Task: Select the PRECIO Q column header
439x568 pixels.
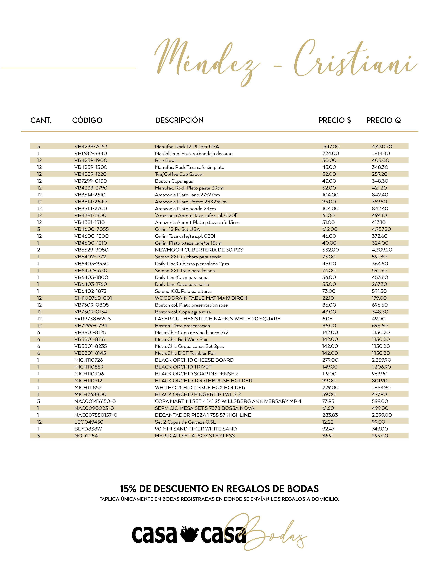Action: [383, 120]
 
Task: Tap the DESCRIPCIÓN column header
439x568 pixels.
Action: [179, 120]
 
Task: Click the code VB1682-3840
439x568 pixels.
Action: [91, 153]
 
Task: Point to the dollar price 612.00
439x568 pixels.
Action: [330, 229]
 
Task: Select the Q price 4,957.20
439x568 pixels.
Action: [381, 229]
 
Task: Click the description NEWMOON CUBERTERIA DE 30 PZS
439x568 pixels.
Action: [199, 250]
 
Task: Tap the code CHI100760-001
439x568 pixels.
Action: [93, 298]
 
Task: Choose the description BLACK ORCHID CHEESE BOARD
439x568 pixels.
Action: [194, 360]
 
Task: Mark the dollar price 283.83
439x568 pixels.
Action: [330, 415]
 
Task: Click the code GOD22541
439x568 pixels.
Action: [87, 436]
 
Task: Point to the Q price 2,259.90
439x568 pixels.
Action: [381, 360]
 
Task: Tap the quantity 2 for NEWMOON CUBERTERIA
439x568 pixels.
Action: [39, 250]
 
